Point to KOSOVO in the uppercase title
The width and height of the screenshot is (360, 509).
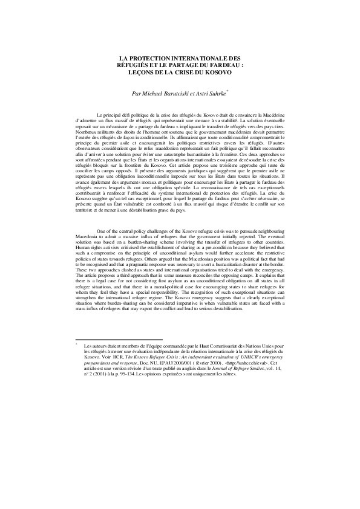218,71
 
